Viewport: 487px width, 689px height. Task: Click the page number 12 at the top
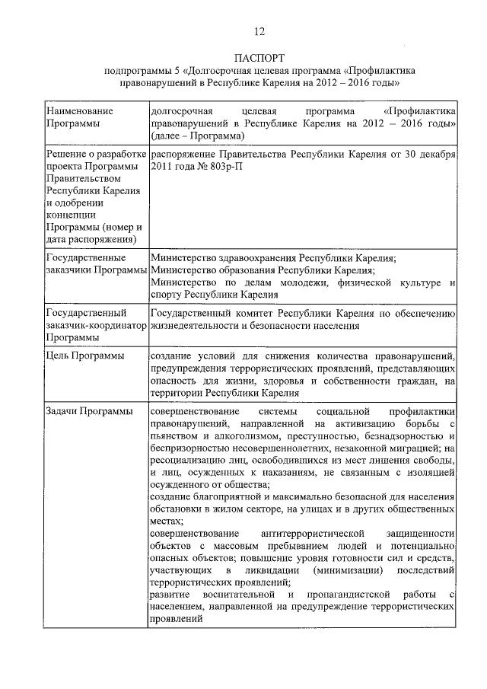tap(259, 31)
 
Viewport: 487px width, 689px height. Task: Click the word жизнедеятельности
tap(196, 326)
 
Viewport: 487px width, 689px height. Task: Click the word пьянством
tap(174, 435)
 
